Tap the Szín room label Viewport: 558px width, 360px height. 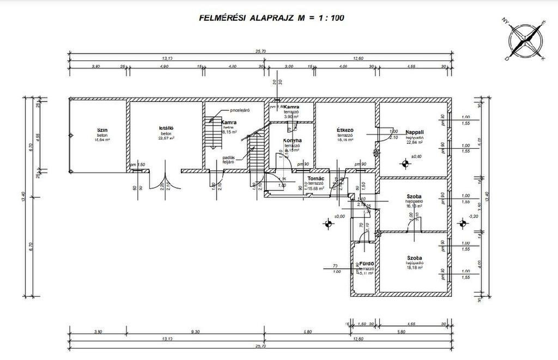[102, 130]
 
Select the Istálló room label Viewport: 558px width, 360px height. [166, 129]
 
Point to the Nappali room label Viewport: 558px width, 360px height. [415, 132]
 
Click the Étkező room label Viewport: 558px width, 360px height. [345, 130]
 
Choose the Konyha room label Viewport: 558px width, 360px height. [292, 141]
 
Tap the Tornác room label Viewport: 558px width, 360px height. [316, 179]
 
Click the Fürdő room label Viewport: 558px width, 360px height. [366, 264]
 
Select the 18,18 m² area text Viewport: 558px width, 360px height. [414, 268]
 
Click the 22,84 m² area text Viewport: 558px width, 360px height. [415, 144]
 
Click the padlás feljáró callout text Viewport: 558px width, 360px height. [228, 160]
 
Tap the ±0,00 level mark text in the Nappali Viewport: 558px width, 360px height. [417, 157]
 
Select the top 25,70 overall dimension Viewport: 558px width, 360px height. [260, 51]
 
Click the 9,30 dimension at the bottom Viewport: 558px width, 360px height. [195, 331]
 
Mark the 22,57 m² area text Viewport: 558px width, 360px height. [167, 138]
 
